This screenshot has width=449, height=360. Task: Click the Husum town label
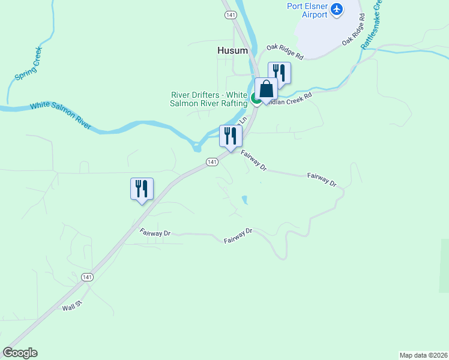point(232,51)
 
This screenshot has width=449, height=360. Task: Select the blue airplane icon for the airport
point(337,8)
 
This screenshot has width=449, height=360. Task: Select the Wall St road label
point(71,307)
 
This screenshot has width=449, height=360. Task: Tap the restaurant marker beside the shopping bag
point(280,73)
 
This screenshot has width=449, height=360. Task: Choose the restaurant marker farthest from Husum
point(142,189)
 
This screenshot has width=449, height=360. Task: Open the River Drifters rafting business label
point(209,99)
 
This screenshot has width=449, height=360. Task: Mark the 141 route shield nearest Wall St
point(88,277)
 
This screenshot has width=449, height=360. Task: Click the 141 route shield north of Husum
point(229,14)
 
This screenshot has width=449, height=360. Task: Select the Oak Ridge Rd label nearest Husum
point(285,52)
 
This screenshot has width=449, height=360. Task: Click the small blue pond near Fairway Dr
point(244,199)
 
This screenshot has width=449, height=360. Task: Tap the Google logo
point(20,353)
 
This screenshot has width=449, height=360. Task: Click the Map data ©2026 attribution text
point(423,355)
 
